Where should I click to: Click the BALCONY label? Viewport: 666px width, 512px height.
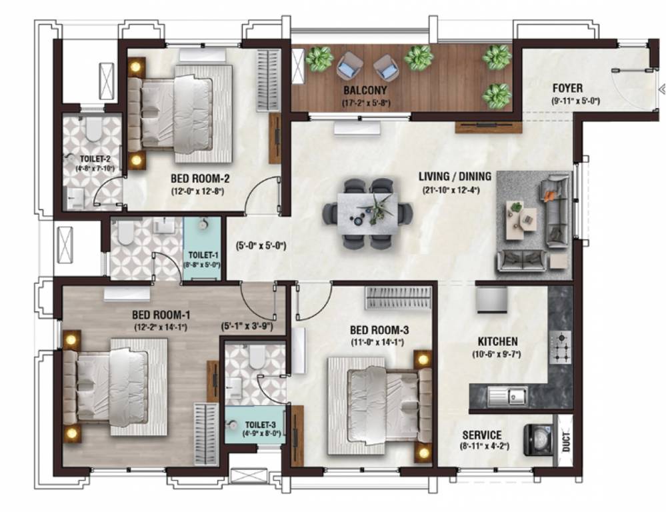pyautogui.click(x=365, y=90)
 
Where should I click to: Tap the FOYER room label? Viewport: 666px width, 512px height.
pyautogui.click(x=567, y=88)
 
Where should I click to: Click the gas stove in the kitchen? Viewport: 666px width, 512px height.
pyautogui.click(x=559, y=347)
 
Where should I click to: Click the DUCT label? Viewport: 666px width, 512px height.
pyautogui.click(x=565, y=441)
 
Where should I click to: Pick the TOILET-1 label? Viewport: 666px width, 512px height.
pyautogui.click(x=202, y=255)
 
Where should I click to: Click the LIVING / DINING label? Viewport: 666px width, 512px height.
pyautogui.click(x=455, y=177)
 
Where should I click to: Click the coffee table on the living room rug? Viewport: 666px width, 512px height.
pyautogui.click(x=520, y=220)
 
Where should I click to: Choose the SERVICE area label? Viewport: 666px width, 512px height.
pyautogui.click(x=482, y=435)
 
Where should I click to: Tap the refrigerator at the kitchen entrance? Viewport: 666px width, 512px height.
pyautogui.click(x=493, y=300)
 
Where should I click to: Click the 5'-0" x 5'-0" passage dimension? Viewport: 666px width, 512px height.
pyautogui.click(x=260, y=245)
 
